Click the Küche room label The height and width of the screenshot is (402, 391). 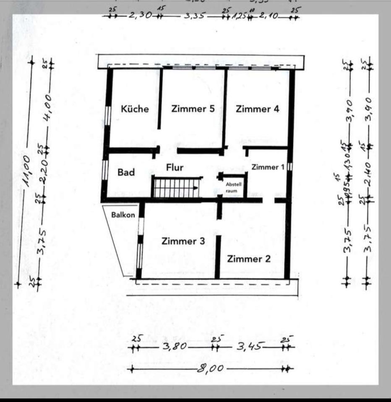point(135,109)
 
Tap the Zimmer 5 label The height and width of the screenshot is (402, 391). point(193,108)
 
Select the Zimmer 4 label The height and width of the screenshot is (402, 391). point(257,109)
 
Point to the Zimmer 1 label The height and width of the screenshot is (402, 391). point(268,167)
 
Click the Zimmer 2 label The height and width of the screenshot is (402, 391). point(249,259)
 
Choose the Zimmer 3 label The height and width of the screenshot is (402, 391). point(183,241)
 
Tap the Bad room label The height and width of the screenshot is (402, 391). point(126,172)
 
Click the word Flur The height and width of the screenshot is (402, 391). point(175,167)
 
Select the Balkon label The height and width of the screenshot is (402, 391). point(123,215)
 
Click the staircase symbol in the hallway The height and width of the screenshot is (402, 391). point(175,188)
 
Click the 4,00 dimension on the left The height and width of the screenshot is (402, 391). point(47,106)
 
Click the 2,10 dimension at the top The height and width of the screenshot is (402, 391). point(268,17)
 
